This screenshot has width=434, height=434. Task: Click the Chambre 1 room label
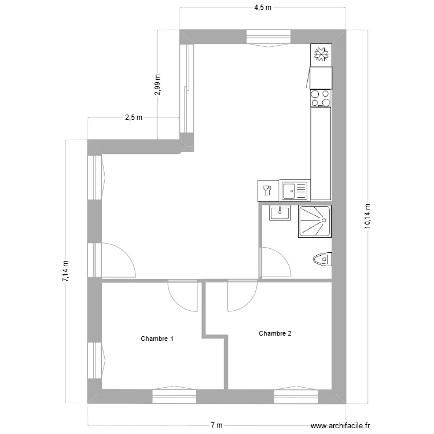pyautogui.click(x=157, y=339)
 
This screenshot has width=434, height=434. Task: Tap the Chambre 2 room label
pyautogui.click(x=275, y=333)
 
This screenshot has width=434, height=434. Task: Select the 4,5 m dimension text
pyautogui.click(x=263, y=8)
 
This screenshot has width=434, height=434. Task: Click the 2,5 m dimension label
pyautogui.click(x=133, y=117)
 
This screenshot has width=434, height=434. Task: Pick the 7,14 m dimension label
pyautogui.click(x=65, y=271)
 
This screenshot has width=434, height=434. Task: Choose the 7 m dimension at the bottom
pyautogui.click(x=216, y=425)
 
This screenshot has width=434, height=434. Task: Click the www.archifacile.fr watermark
pyautogui.click(x=336, y=424)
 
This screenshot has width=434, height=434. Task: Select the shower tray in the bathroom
pyautogui.click(x=315, y=221)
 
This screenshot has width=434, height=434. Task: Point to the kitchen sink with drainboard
pyautogui.click(x=295, y=189)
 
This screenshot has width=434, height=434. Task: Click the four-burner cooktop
pyautogui.click(x=321, y=97)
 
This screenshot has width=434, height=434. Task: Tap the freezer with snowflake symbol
pyautogui.click(x=321, y=55)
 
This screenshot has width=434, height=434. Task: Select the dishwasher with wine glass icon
pyautogui.click(x=267, y=189)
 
